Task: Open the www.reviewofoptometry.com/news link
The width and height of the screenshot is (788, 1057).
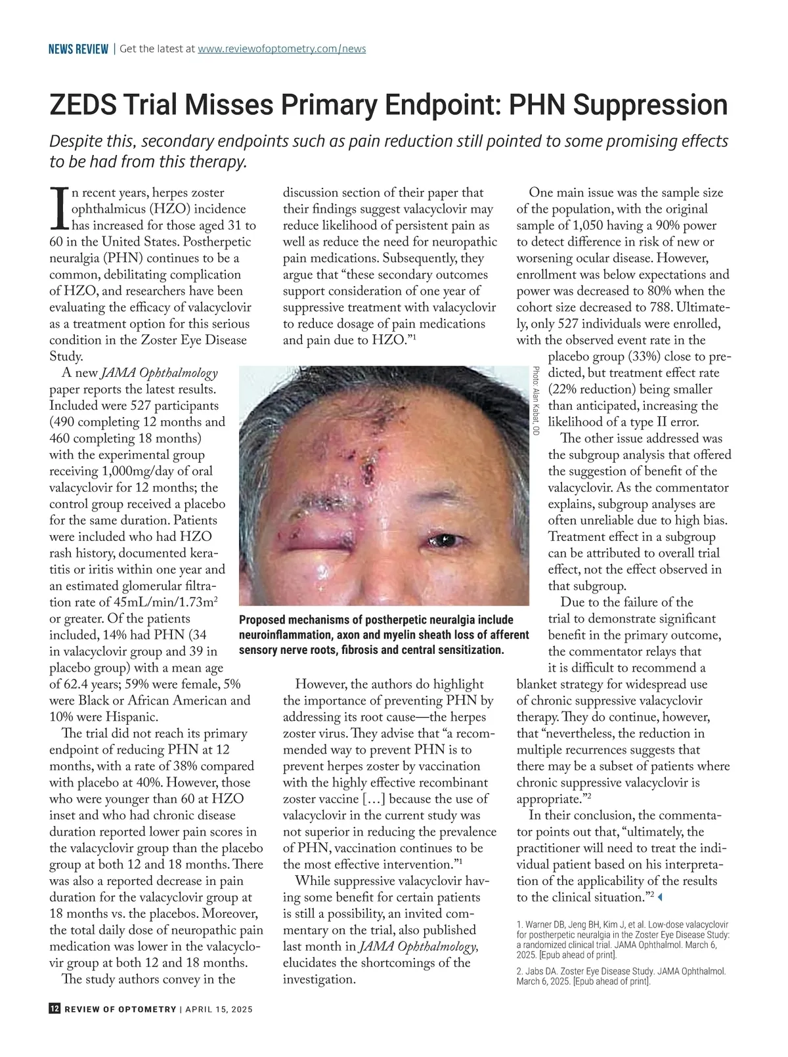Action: click(x=282, y=49)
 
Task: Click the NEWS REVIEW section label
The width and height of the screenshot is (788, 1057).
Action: click(x=78, y=49)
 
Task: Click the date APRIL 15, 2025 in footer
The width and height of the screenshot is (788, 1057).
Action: click(x=219, y=1010)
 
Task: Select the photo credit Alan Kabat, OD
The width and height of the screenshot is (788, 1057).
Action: click(x=536, y=401)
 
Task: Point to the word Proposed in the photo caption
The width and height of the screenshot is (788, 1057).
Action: click(x=261, y=620)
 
